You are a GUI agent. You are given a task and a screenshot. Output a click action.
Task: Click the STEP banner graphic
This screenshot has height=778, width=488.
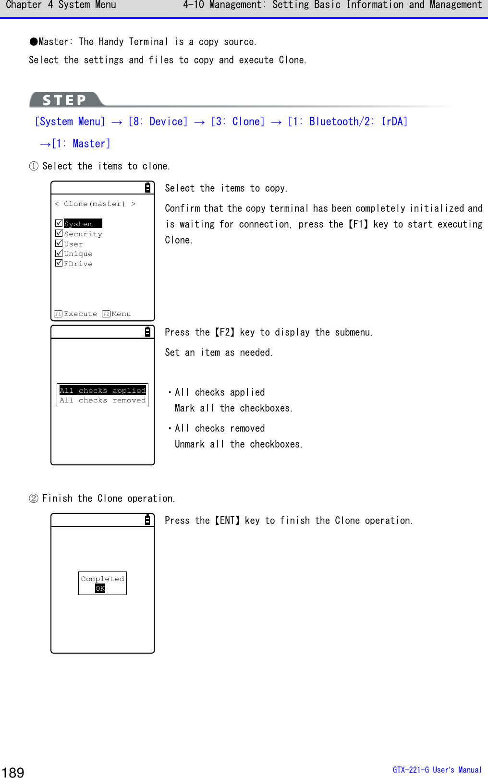65,100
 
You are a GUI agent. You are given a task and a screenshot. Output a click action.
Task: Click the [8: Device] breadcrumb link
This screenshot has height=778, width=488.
158,122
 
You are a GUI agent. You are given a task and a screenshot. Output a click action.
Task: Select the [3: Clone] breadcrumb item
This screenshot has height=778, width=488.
238,122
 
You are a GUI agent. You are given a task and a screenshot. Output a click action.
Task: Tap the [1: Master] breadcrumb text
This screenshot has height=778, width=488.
81,144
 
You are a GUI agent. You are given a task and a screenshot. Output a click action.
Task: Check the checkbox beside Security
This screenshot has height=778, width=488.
59,233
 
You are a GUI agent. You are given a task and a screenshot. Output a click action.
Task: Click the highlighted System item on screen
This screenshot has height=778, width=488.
82,224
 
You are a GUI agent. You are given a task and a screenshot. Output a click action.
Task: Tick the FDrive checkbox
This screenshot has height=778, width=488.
59,263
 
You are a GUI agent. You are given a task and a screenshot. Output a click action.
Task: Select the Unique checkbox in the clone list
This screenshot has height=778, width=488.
59,253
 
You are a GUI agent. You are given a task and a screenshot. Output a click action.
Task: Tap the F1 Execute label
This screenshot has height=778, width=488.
76,314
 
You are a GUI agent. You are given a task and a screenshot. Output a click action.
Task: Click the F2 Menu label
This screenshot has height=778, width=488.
117,314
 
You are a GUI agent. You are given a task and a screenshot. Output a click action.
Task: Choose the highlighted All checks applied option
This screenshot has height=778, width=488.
102,390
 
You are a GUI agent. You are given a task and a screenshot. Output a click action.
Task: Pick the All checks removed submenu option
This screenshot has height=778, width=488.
102,400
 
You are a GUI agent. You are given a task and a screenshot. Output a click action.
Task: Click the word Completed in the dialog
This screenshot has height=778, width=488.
102,579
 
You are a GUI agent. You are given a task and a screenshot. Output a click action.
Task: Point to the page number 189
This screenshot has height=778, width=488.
13,772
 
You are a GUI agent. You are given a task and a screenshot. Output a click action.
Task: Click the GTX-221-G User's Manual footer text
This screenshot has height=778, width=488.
437,770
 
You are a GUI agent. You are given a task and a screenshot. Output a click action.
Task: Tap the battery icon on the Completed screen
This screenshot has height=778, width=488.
147,520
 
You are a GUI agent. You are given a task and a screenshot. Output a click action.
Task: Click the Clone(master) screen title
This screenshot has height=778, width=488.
95,204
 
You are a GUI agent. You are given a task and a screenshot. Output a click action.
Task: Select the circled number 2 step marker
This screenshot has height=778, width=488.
34,498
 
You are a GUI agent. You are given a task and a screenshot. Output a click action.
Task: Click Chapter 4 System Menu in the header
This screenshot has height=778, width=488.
61,5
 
